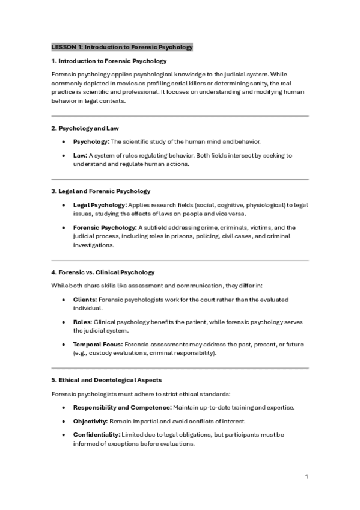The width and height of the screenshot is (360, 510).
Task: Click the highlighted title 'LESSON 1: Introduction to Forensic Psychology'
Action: pyautogui.click(x=122, y=47)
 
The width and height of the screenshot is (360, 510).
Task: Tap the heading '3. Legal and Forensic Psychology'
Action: pyautogui.click(x=100, y=191)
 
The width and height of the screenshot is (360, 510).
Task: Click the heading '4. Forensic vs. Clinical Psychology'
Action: pyautogui.click(x=103, y=272)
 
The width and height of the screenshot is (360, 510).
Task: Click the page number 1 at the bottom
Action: pyautogui.click(x=307, y=476)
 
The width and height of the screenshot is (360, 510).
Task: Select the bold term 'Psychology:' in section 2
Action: pyautogui.click(x=91, y=141)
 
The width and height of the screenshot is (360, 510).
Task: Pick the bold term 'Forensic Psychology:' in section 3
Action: pyautogui.click(x=105, y=227)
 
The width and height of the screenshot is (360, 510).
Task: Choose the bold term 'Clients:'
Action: pyautogui.click(x=85, y=299)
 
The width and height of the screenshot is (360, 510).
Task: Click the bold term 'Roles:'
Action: pyautogui.click(x=83, y=322)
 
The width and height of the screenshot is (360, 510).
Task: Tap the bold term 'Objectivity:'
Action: pyautogui.click(x=90, y=421)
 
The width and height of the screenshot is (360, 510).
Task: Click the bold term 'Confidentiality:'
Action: pyautogui.click(x=96, y=434)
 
